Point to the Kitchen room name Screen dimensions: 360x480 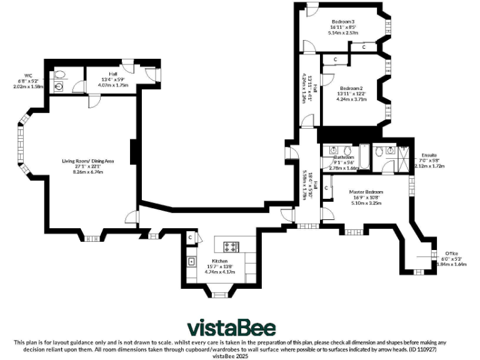tap(219, 261)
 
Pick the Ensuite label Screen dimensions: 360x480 tap(429, 155)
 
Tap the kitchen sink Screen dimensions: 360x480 tap(192, 261)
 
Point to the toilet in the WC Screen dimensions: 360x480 tap(60, 74)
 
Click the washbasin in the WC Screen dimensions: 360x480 tap(58, 87)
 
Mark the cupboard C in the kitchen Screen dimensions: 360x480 tap(190, 237)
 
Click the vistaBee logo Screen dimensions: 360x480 tap(232, 328)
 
